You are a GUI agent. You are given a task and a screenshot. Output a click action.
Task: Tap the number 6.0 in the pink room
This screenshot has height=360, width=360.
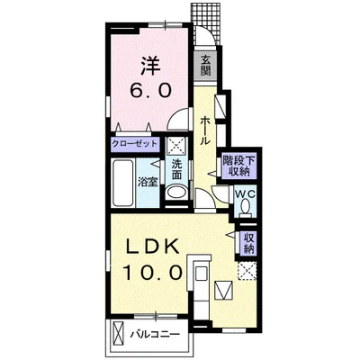pyautogui.click(x=150, y=90)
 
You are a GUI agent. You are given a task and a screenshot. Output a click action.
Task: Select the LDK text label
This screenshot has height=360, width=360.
pyautogui.click(x=152, y=248)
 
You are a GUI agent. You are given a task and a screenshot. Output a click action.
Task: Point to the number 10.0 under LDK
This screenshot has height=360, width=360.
pyautogui.click(x=152, y=273)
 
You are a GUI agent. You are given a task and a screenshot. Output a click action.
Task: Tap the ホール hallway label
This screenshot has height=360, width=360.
pyautogui.click(x=204, y=130)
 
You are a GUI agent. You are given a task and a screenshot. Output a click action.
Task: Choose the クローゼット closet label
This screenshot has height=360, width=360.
pyautogui.click(x=134, y=143)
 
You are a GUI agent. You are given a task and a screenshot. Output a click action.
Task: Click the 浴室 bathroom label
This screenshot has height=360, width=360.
pyautogui.click(x=148, y=182)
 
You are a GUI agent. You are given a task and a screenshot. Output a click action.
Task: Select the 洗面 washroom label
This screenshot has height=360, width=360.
pyautogui.click(x=176, y=170)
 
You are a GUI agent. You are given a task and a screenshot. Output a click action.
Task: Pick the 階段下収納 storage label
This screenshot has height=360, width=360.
pyautogui.click(x=238, y=166)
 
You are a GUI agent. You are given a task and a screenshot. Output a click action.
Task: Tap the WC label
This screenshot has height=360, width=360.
pyautogui.click(x=246, y=193)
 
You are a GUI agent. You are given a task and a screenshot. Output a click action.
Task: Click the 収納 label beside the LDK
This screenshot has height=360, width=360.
pyautogui.click(x=248, y=243)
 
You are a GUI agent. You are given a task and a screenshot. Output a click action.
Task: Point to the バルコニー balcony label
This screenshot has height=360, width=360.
pyautogui.click(x=155, y=334)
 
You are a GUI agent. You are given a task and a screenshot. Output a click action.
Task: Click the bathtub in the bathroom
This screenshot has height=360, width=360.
pyautogui.click(x=122, y=183)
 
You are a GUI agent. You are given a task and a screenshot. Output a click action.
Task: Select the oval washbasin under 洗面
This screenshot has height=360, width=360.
pyautogui.click(x=176, y=193)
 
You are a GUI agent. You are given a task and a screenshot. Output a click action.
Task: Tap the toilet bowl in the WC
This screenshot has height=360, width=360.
pyautogui.click(x=246, y=207)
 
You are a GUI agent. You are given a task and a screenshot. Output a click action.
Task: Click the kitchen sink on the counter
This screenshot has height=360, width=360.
pyautogui.click(x=200, y=274)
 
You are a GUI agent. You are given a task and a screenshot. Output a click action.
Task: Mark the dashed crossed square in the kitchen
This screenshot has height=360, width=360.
pyautogui.click(x=247, y=271)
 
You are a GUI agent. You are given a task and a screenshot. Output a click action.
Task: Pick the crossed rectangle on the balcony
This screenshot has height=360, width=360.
pyautogui.click(x=118, y=334)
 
